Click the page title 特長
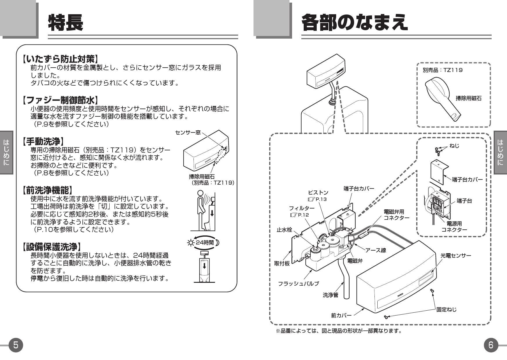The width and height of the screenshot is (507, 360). (x=66, y=23)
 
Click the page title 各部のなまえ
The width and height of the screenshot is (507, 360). (x=354, y=23)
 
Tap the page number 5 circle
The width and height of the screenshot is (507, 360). (x=15, y=345)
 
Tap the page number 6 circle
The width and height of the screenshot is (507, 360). (x=490, y=345)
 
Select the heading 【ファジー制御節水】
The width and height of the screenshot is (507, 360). (x=60, y=100)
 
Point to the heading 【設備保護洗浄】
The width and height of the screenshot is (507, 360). (x=52, y=247)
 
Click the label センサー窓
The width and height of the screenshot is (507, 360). (x=188, y=132)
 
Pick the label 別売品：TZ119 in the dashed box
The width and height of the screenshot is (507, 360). (x=442, y=70)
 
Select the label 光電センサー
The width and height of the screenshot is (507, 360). (x=456, y=255)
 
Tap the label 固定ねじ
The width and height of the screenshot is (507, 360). (x=446, y=309)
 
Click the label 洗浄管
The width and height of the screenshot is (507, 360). (x=330, y=295)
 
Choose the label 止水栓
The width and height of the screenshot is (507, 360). (x=284, y=230)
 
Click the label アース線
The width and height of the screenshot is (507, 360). (x=375, y=250)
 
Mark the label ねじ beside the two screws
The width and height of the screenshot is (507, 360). (x=454, y=146)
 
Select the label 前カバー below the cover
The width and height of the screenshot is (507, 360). (x=341, y=315)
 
